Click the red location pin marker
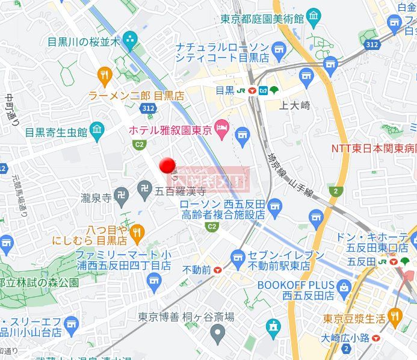pyautogui.click(x=167, y=165)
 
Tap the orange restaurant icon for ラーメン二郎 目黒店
pyautogui.click(x=105, y=75)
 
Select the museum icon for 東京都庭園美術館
pyautogui.click(x=314, y=17)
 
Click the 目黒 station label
pyautogui.click(x=224, y=90)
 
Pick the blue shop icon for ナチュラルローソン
pyautogui.click(x=278, y=48)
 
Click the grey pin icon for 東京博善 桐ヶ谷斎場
pyautogui.click(x=218, y=331)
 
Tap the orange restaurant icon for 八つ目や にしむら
pyautogui.click(x=138, y=232)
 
